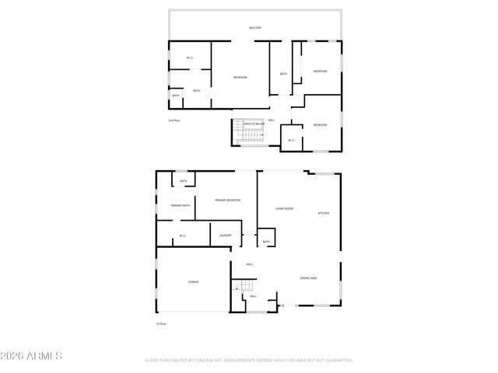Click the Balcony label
pos(255,28)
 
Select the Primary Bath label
pos(181,205)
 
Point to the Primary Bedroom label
pos(228,200)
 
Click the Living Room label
pos(284,209)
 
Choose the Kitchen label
pos(324,213)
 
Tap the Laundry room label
pos(225,235)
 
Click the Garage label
pos(193,281)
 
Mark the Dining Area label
pos(309,277)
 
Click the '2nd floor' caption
pos(174,120)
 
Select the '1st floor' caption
pos(162,323)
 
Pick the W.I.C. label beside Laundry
pos(183,235)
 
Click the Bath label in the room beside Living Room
pos(266,242)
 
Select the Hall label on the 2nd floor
pos(272,120)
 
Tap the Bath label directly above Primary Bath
pos(183,181)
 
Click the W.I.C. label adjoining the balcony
pos(190,58)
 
